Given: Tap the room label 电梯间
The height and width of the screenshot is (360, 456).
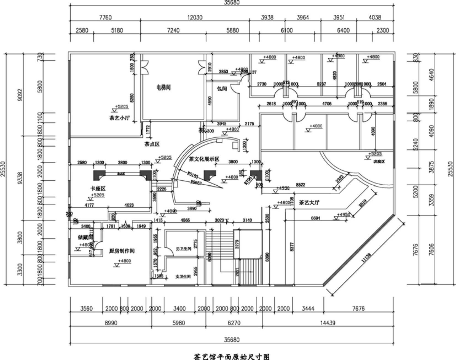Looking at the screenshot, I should (x=163, y=87).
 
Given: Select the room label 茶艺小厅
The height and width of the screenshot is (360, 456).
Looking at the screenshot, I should (x=119, y=118).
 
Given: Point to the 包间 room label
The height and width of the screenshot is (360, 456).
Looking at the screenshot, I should (x=222, y=89).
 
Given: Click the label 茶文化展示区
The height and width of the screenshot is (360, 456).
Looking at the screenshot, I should (x=204, y=159).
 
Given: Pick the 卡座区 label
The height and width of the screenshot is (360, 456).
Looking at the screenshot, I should (x=98, y=188).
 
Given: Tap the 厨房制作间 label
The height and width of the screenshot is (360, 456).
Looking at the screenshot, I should (x=122, y=251).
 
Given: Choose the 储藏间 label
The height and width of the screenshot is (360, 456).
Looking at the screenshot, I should (x=84, y=237).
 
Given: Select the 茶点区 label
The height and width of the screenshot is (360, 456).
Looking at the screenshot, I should (x=152, y=144).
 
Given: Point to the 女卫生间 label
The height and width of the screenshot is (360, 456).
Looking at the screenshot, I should (x=183, y=276).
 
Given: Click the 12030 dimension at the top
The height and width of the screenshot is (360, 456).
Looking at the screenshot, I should (x=195, y=17).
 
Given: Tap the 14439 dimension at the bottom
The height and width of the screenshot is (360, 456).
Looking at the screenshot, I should (x=328, y=322).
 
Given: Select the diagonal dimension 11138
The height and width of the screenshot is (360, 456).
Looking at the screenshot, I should (x=366, y=259).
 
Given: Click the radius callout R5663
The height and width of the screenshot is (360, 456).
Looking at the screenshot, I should (x=196, y=183).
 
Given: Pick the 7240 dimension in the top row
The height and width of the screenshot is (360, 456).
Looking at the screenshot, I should (x=173, y=30).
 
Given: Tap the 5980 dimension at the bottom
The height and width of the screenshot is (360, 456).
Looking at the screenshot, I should (x=179, y=322).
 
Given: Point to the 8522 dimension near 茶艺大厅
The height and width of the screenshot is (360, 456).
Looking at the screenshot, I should (x=301, y=185).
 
